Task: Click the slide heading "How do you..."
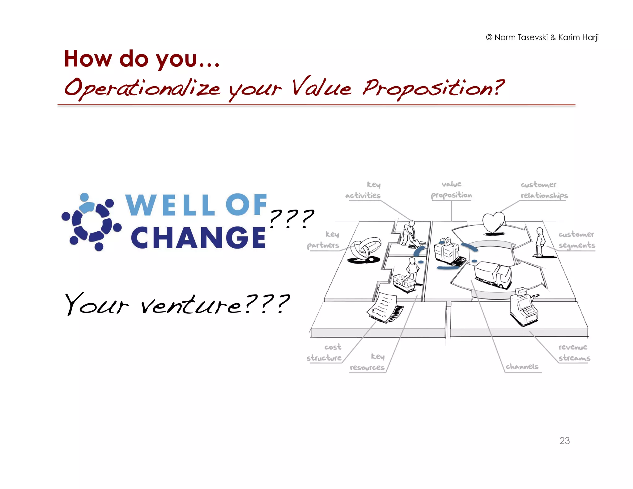[x=142, y=59]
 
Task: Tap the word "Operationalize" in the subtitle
[x=142, y=88]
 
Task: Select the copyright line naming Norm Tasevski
[x=542, y=37]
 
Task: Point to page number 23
[x=564, y=440]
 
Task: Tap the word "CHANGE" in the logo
[x=198, y=237]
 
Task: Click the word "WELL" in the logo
[x=170, y=205]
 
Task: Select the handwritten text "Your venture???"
[x=177, y=304]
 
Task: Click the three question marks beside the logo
[x=291, y=218]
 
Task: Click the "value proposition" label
[x=451, y=190]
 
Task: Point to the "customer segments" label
[x=576, y=240]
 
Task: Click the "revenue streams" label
[x=574, y=353]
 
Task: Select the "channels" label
[x=522, y=367]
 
